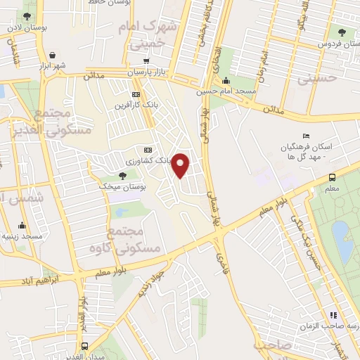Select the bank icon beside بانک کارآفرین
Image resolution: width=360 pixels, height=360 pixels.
(136, 95)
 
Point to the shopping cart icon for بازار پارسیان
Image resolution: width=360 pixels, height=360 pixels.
(146, 60)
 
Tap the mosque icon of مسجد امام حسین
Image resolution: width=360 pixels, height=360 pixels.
(224, 79)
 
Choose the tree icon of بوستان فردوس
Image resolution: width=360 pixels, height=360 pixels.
(342, 33)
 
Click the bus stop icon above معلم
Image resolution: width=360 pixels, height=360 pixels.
(332, 177)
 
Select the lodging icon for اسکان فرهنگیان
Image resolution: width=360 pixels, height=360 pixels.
(304, 136)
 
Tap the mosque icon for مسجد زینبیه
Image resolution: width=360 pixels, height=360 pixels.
(23, 226)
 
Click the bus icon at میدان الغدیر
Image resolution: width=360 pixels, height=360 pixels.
(85, 346)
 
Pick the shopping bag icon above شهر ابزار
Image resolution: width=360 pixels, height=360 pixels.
(53, 54)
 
